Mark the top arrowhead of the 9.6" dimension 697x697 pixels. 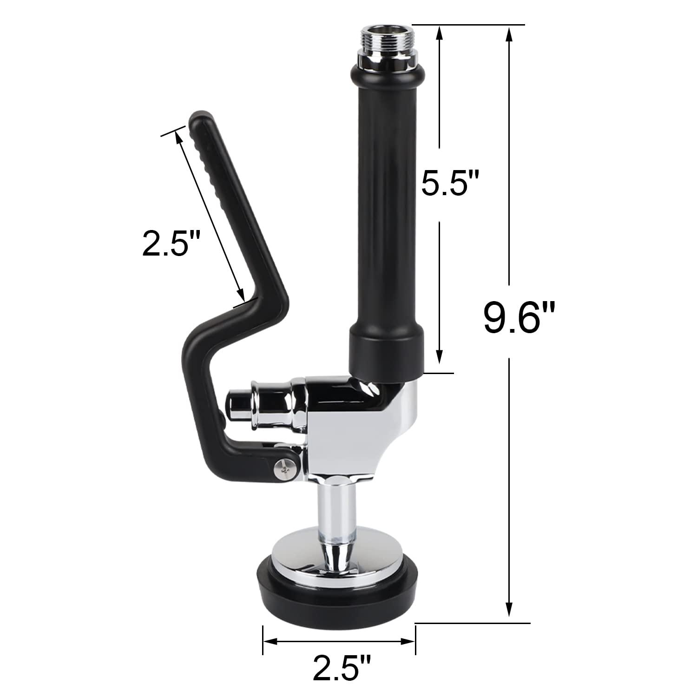510,32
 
